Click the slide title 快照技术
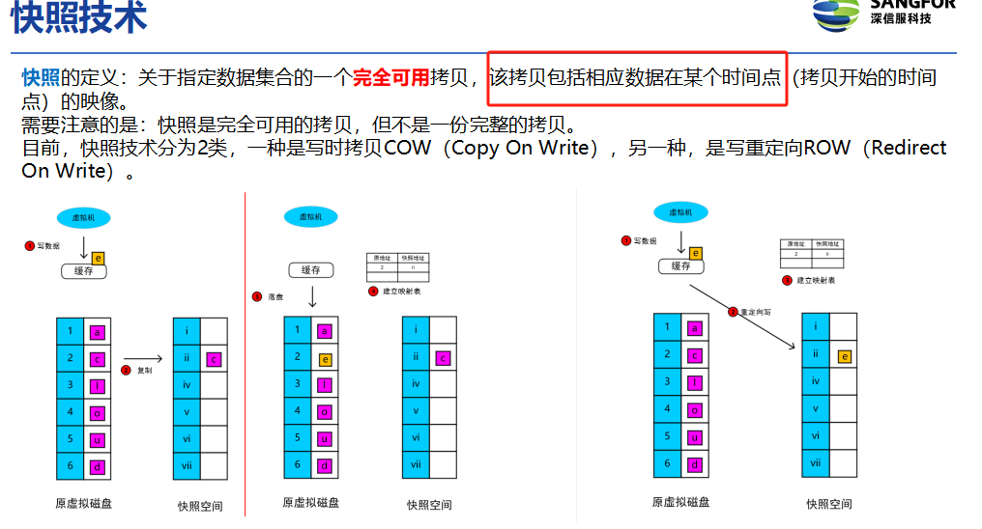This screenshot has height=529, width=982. click(79, 19)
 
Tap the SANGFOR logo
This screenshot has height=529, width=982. click(883, 12)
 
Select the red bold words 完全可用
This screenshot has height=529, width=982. click(390, 78)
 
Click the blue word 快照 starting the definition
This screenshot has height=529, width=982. click(41, 78)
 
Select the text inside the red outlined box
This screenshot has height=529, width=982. click(636, 78)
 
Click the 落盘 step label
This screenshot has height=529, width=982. click(275, 296)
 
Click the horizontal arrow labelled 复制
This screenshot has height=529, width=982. click(143, 358)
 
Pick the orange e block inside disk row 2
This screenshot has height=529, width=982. click(326, 359)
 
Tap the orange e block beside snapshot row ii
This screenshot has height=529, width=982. click(844, 356)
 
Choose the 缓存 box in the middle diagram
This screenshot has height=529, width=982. click(310, 270)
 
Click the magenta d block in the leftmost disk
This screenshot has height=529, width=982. click(97, 467)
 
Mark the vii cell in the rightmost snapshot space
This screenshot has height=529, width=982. click(816, 463)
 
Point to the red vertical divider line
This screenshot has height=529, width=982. click(245, 348)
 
